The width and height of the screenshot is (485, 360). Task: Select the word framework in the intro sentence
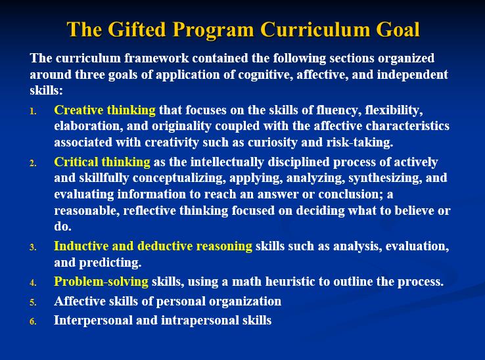tap(143, 58)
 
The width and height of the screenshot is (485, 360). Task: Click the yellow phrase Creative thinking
tap(104, 110)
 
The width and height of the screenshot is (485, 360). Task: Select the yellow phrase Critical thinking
tap(102, 162)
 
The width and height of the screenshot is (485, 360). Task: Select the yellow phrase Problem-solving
tap(101, 282)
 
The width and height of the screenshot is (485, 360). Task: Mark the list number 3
tap(33, 248)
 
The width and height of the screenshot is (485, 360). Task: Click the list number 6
tap(33, 322)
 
